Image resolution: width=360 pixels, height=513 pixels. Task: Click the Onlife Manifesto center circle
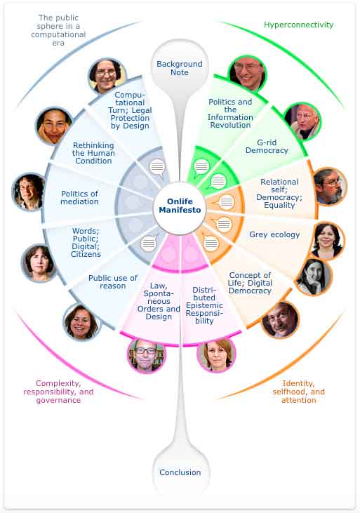pyautogui.click(x=180, y=208)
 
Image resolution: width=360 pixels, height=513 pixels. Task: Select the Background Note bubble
pyautogui.click(x=180, y=68)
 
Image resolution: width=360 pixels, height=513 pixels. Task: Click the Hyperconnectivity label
pyautogui.click(x=298, y=25)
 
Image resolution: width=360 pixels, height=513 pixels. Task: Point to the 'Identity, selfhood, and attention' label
pyautogui.click(x=298, y=392)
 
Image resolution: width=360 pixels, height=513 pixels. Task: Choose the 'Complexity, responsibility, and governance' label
pyautogui.click(x=58, y=392)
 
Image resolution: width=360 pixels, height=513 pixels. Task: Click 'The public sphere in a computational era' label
pyautogui.click(x=58, y=30)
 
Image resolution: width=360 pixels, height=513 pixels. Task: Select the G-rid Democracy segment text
pyautogui.click(x=267, y=146)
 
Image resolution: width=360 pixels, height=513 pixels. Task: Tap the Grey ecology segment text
pyautogui.click(x=274, y=234)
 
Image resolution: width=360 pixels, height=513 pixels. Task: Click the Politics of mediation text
pyautogui.click(x=79, y=198)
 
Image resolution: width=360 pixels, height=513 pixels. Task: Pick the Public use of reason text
pyautogui.click(x=112, y=281)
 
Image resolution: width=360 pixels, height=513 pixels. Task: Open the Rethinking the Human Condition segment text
pyautogui.click(x=93, y=153)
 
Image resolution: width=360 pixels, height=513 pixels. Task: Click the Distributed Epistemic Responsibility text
pyautogui.click(x=204, y=305)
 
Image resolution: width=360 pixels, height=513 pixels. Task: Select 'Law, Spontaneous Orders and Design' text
pyautogui.click(x=159, y=301)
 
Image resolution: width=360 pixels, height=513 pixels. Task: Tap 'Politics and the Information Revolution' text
pyautogui.click(x=230, y=113)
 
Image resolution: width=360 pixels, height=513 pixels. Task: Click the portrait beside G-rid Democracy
pyautogui.click(x=302, y=121)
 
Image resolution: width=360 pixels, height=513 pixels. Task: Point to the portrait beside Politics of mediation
pyautogui.click(x=28, y=192)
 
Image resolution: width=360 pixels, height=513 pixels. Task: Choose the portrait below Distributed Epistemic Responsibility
pyautogui.click(x=216, y=354)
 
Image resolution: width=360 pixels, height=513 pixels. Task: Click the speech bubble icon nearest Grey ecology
pyautogui.click(x=223, y=225)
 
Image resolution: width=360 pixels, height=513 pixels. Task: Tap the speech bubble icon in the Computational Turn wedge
pyautogui.click(x=157, y=167)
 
